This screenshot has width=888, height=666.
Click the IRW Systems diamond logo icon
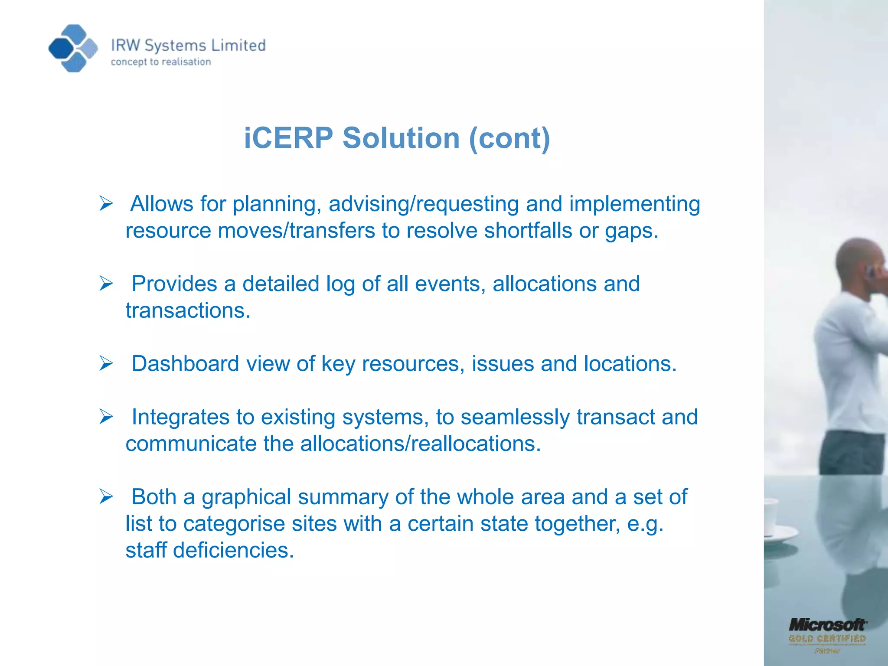point(73,48)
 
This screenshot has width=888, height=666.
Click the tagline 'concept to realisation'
point(161,62)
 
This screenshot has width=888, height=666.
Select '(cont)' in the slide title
point(509,138)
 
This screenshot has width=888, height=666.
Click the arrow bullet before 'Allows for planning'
point(106,203)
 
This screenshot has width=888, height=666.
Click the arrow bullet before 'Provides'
point(106,284)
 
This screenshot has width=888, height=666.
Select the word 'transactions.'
point(188,311)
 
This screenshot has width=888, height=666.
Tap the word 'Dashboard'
point(185,364)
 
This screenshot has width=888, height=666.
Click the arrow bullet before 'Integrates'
point(106,417)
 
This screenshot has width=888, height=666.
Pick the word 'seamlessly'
point(515,418)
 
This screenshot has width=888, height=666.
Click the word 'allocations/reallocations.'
point(421,444)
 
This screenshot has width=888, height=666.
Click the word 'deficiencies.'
point(234,551)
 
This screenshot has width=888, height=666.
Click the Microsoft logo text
point(827,625)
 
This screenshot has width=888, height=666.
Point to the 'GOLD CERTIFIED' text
point(827,639)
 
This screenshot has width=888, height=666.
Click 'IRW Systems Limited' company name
point(188,46)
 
